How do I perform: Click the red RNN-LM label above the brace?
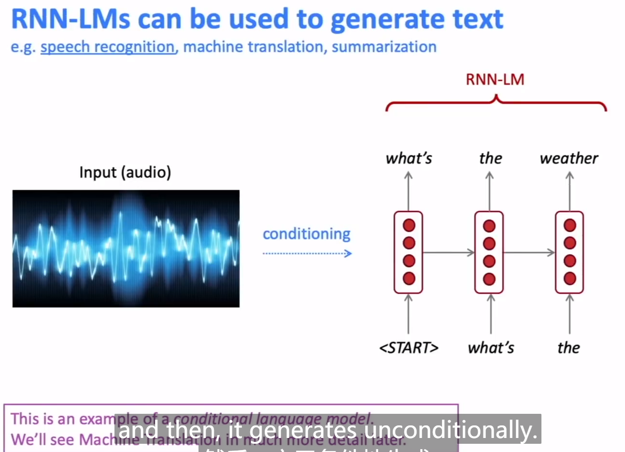coord(495,79)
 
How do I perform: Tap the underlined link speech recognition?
coord(107,47)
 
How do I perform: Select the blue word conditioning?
coord(306,234)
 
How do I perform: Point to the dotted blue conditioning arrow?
coord(307,253)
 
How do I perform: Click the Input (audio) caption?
coord(125,173)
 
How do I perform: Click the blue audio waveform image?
coord(126,248)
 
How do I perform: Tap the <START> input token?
coord(409,348)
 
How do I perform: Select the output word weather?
coord(568,159)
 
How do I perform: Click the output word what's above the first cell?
coord(409,159)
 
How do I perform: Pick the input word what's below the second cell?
coord(491,348)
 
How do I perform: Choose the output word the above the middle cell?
coord(490,159)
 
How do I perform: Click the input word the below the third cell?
coord(568,348)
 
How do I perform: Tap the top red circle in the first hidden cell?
coord(409,225)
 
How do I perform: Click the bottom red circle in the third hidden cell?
coord(570,278)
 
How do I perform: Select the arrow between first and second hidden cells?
coord(448,252)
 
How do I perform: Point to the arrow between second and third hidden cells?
coord(529,252)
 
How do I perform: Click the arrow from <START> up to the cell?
coord(409,314)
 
